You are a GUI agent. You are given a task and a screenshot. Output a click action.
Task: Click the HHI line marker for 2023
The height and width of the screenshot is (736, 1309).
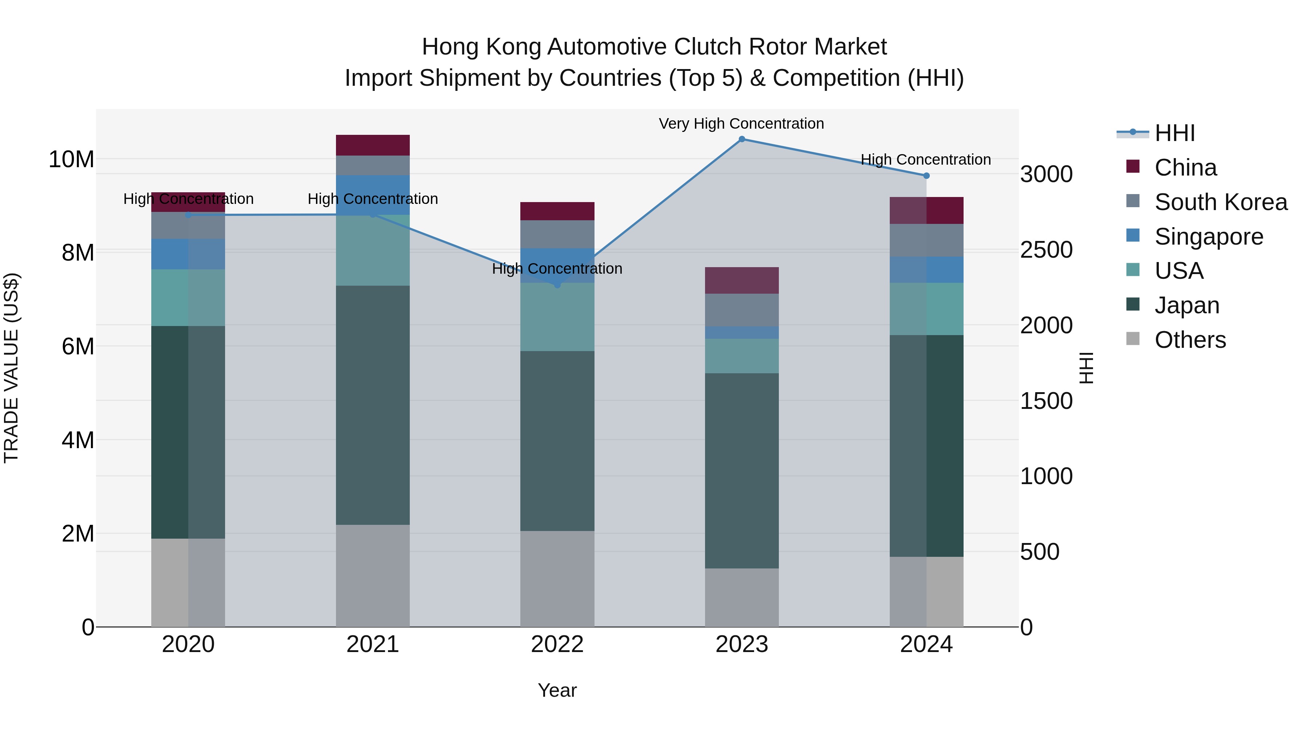point(741,139)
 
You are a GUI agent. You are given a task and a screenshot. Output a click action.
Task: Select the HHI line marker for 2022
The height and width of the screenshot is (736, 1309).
point(557,285)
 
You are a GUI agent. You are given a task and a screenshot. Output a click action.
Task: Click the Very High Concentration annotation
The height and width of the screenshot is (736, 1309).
point(741,124)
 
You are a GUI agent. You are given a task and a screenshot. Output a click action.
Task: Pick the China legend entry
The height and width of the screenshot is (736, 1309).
point(1185,168)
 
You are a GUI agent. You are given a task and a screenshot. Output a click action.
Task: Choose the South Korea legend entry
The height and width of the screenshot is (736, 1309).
point(1221,202)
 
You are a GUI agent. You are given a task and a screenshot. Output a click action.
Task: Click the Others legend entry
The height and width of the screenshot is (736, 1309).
point(1190,340)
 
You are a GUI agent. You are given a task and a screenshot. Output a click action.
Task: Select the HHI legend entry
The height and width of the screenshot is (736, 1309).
point(1174,133)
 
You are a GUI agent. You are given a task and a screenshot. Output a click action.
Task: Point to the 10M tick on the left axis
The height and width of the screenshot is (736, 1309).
point(71,160)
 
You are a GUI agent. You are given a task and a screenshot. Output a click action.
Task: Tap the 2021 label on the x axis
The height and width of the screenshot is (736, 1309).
point(372,644)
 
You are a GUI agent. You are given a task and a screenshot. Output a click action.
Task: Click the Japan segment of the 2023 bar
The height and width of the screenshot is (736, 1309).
point(741,470)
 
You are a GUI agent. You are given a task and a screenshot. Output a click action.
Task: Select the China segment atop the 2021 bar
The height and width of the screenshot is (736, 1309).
point(372,145)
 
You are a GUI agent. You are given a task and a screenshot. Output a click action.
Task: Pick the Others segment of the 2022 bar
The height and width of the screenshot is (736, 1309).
point(557,579)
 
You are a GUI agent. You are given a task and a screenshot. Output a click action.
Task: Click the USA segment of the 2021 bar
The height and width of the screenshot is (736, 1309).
point(372,250)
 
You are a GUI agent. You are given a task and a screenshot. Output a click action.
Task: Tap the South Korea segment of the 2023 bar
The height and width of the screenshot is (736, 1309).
point(741,310)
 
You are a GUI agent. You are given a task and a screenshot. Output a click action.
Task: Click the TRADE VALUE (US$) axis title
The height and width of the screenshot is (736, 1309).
point(11,368)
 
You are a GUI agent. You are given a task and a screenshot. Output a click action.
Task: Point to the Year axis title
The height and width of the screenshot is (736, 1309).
point(557,690)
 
